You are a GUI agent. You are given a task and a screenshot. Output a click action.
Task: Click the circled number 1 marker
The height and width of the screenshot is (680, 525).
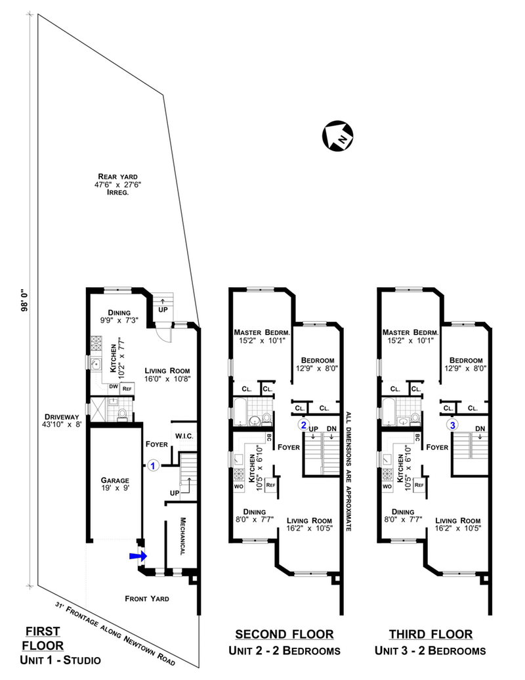[153, 465]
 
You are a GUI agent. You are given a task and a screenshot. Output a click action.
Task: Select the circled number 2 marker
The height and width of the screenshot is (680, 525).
[303, 424]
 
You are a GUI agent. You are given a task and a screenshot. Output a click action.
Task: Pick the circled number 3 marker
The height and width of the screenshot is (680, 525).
[453, 424]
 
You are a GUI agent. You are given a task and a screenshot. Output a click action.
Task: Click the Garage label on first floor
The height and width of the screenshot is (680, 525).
[114, 480]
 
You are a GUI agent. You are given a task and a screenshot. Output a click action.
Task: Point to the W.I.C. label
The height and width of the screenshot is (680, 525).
[182, 435]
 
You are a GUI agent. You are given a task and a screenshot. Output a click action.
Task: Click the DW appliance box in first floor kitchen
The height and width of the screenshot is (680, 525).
[113, 388]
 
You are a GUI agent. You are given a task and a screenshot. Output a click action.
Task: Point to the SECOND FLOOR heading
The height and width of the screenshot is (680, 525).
[284, 634]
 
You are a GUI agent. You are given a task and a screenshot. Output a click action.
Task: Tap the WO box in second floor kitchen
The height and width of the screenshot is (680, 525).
[238, 487]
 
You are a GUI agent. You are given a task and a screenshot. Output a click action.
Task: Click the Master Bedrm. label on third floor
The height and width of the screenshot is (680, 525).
[410, 332]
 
